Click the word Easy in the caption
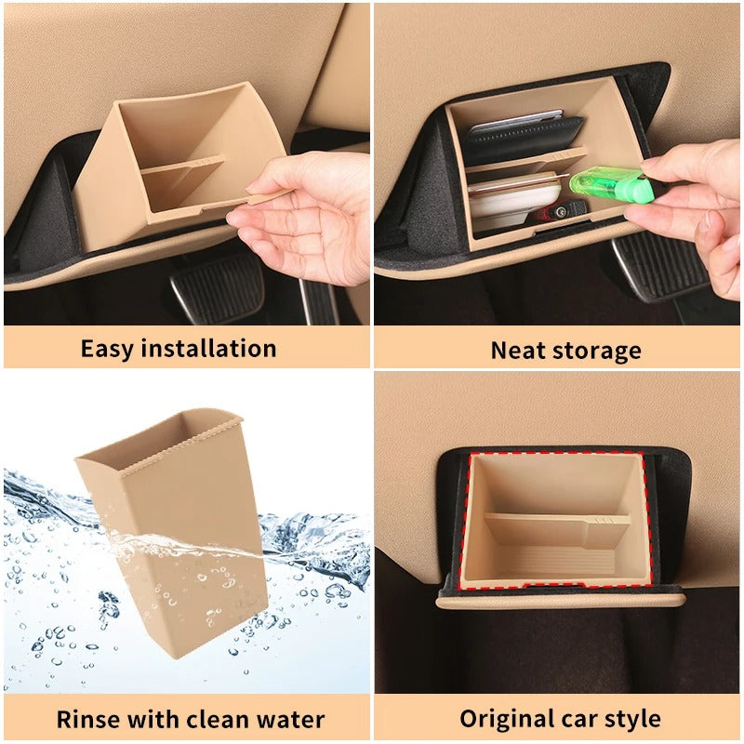(109, 349)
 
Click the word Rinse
(86, 719)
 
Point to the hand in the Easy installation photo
(298, 219)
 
